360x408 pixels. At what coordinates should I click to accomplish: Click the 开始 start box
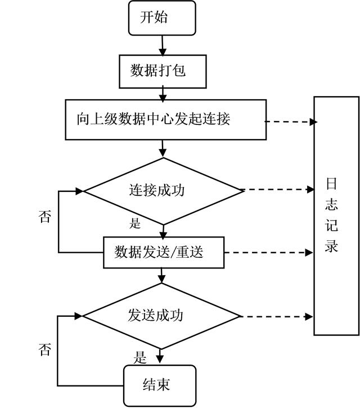[162, 17]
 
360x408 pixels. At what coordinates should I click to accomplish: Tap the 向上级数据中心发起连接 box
[165, 120]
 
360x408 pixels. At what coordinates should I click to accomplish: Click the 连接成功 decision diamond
[163, 190]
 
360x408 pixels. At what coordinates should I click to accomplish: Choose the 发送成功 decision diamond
[162, 316]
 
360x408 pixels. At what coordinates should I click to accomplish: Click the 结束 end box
[160, 385]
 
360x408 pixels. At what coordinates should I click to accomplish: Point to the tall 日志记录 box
[336, 216]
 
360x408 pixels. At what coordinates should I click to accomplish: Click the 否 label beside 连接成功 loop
[44, 217]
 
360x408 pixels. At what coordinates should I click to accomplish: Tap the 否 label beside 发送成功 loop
[44, 349]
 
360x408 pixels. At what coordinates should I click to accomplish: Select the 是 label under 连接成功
[135, 223]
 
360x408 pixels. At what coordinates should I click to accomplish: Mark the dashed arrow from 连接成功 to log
[278, 190]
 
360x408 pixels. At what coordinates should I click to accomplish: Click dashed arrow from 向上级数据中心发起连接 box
[290, 122]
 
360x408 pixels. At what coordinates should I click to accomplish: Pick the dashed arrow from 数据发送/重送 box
[267, 252]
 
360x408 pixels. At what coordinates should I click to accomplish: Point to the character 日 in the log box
[331, 184]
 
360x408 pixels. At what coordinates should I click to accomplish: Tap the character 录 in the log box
[331, 246]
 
